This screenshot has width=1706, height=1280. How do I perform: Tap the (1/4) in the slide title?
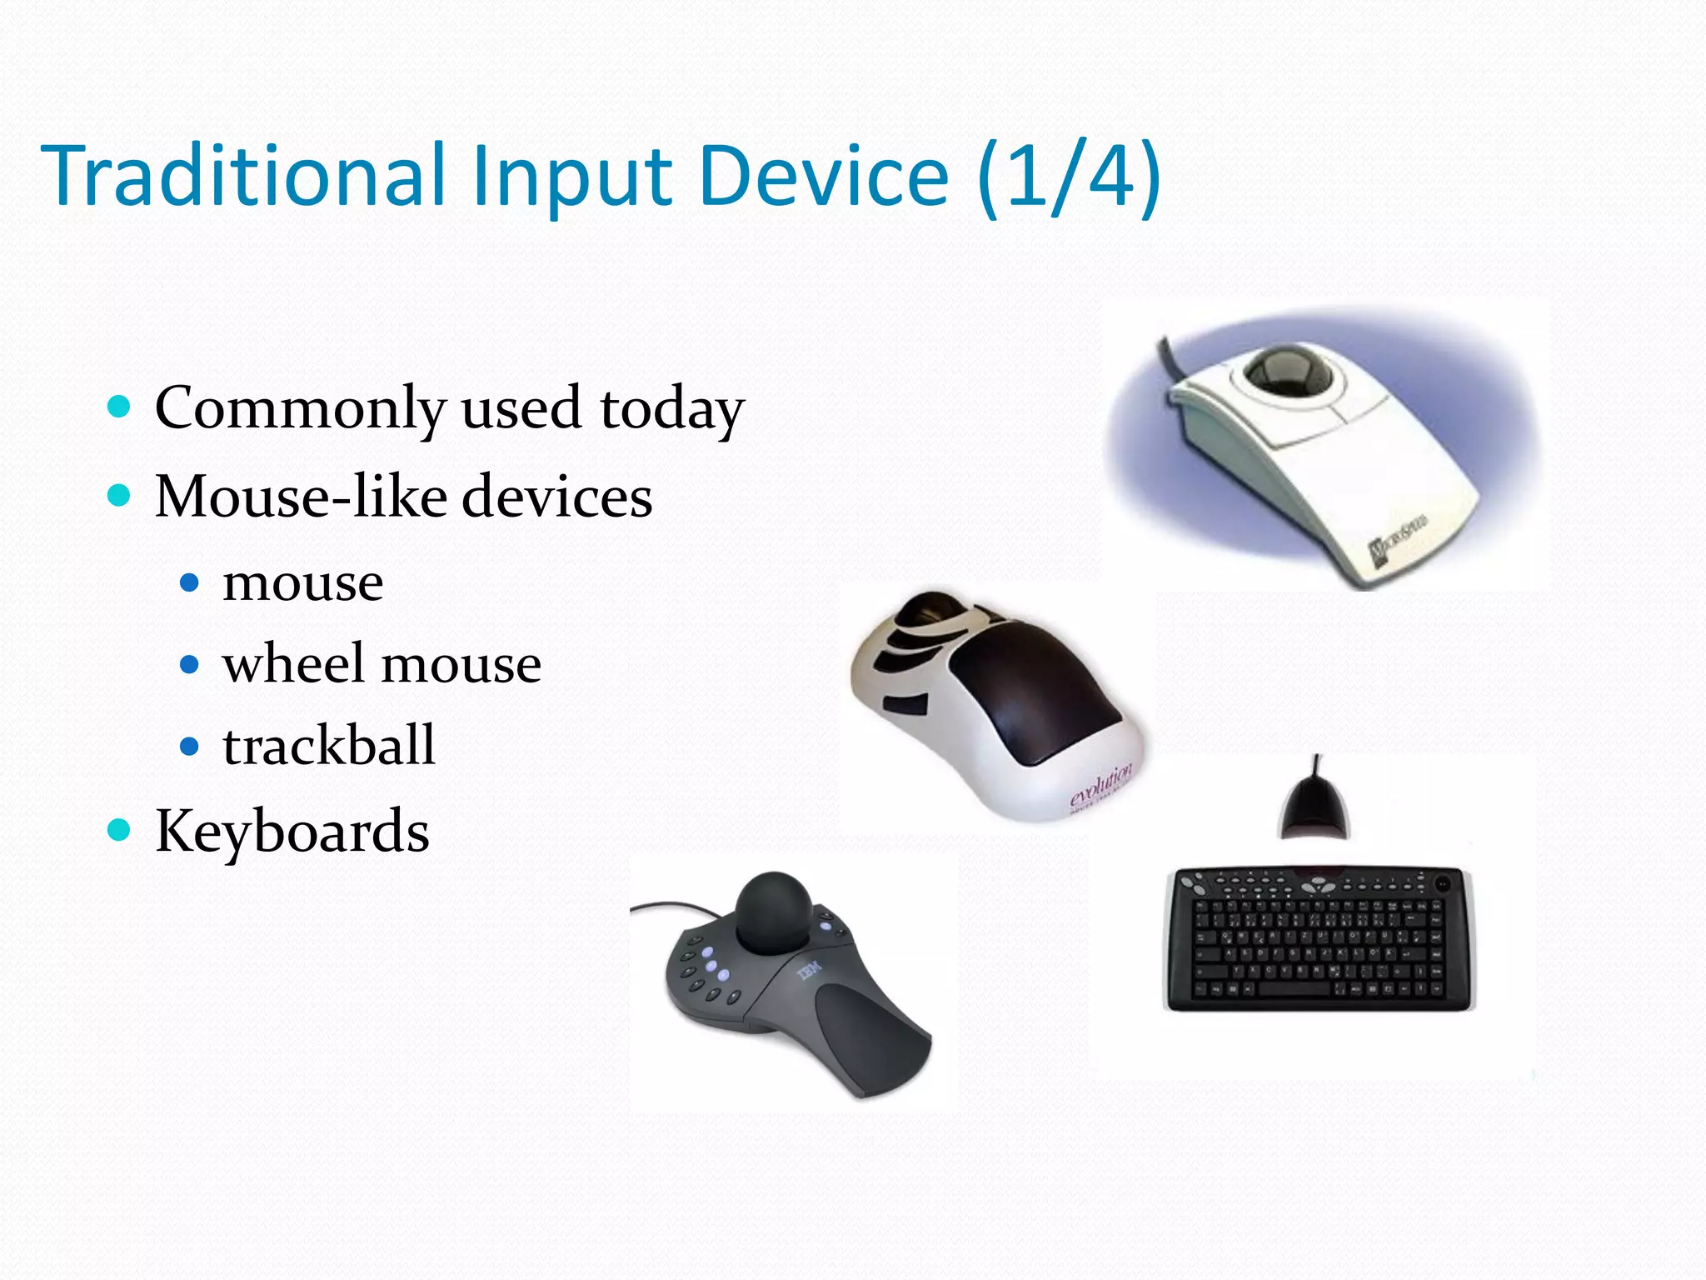pyautogui.click(x=1070, y=177)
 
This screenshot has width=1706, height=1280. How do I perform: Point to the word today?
pyautogui.click(x=671, y=410)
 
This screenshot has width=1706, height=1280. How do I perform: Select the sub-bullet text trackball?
pyautogui.click(x=328, y=745)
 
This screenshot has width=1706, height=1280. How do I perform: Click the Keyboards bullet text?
pyautogui.click(x=292, y=832)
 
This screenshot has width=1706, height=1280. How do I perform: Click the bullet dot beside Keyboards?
pyautogui.click(x=120, y=830)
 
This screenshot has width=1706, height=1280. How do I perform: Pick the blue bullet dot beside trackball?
pyautogui.click(x=190, y=746)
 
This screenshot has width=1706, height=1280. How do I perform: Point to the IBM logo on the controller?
pyautogui.click(x=809, y=970)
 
